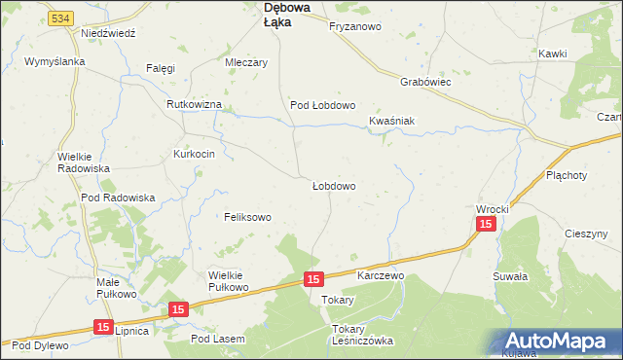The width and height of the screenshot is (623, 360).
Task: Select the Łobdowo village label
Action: (x=333, y=186)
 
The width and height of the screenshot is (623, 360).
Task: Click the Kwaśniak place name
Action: (x=392, y=121)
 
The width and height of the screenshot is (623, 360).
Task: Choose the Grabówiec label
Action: (x=423, y=83)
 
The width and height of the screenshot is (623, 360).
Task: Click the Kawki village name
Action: (x=552, y=52)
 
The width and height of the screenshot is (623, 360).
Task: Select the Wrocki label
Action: (x=493, y=209)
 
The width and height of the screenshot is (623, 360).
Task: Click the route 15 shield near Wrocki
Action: (x=487, y=225)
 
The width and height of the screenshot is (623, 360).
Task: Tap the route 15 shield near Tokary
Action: (x=312, y=279)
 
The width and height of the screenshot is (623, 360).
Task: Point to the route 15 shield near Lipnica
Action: (x=103, y=329)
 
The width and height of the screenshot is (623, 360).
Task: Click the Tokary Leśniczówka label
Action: (x=361, y=335)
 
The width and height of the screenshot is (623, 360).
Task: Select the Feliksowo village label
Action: (x=247, y=217)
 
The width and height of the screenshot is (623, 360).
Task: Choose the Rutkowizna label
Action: (x=195, y=104)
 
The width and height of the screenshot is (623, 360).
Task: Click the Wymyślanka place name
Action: (x=55, y=61)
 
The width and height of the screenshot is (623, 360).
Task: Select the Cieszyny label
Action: (x=593, y=234)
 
